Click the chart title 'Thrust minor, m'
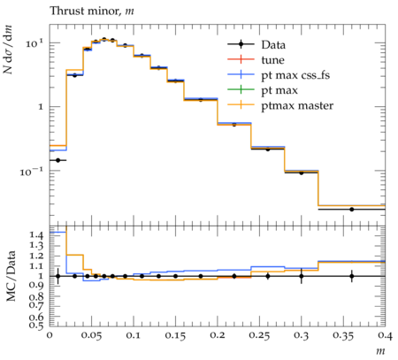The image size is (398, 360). point(92,11)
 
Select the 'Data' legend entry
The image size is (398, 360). point(273,45)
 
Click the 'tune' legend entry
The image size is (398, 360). point(272,60)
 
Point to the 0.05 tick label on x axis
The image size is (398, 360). point(91,335)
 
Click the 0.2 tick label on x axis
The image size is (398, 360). point(218,335)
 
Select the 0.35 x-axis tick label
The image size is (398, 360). point(343,335)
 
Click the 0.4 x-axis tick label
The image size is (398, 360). point(386,335)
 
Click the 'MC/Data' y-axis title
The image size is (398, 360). point(11,276)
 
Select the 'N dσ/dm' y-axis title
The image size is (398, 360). point(8,50)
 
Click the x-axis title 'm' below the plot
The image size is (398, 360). point(380,351)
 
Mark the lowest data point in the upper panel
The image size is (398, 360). point(352,210)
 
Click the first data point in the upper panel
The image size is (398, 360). point(57,160)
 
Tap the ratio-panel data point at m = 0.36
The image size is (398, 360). point(352,276)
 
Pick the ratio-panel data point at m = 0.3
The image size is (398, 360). point(302,276)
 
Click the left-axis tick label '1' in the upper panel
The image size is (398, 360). point(41,107)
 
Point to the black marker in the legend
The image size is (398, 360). point(241,44)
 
